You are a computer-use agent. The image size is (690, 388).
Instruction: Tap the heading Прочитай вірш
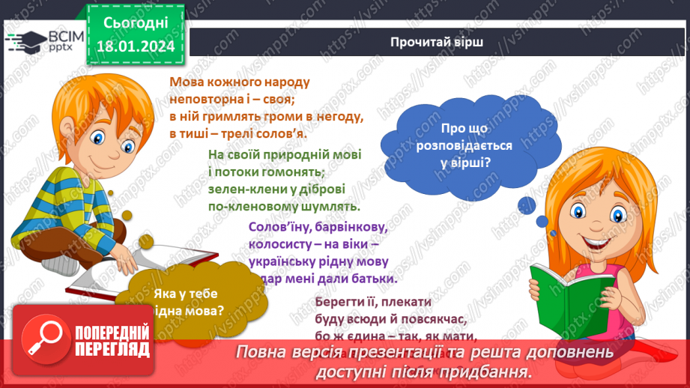[436, 42]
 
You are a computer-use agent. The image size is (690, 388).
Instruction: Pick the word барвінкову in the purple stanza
[349, 226]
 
